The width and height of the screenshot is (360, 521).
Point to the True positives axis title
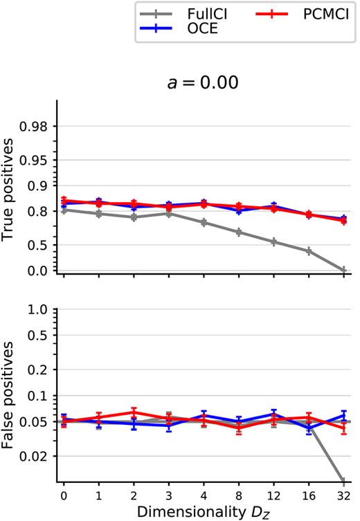(x=9, y=188)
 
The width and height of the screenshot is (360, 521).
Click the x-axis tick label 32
(x=343, y=495)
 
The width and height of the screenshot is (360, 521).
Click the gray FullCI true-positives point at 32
(x=343, y=270)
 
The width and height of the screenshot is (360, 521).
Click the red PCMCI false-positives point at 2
(x=134, y=412)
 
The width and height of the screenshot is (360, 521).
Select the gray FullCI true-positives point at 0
(x=64, y=210)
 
